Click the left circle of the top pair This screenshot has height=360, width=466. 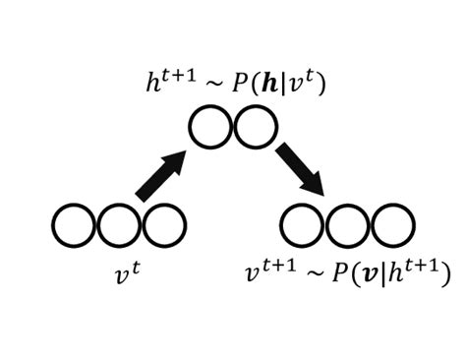(210, 129)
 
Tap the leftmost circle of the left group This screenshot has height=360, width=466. (75, 226)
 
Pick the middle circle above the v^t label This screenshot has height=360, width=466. (120, 226)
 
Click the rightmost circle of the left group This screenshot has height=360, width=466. (164, 226)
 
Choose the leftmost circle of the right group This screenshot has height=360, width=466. (302, 226)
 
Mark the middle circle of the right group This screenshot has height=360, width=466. (346, 226)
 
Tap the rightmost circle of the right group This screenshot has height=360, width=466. (391, 226)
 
